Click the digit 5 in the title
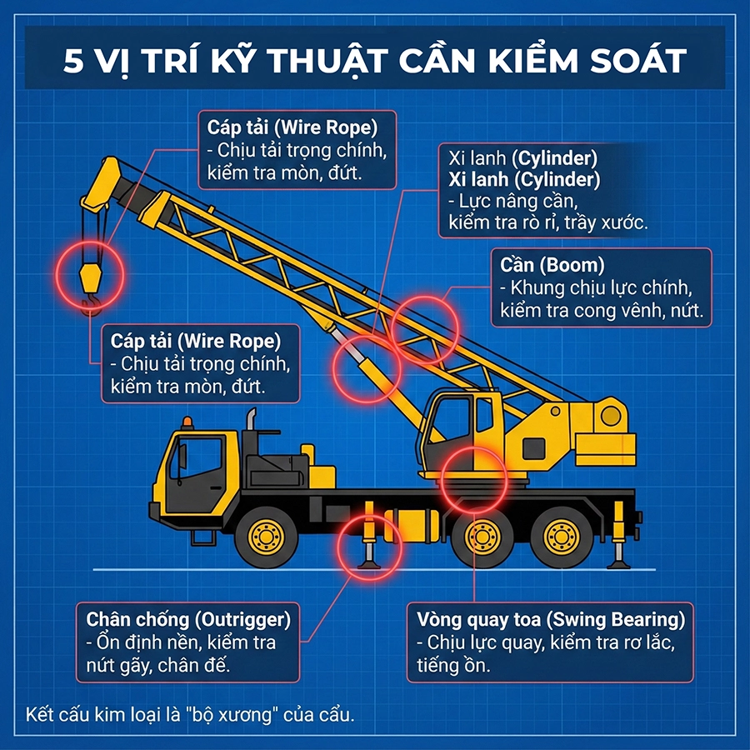point(73,61)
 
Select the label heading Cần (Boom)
point(552,265)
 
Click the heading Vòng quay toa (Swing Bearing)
point(550,620)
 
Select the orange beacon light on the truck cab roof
point(186,422)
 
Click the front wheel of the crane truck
point(266,537)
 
